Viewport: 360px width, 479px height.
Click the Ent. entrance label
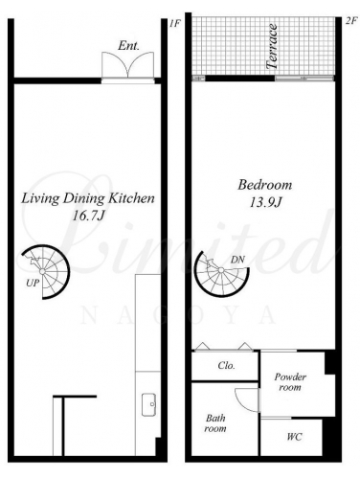128,46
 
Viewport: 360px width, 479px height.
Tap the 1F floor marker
175,23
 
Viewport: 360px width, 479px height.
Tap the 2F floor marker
351,21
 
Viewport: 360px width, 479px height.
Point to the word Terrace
272,46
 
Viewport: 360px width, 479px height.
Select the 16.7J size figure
88,217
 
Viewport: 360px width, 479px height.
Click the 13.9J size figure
265,202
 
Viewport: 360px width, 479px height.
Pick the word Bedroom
265,185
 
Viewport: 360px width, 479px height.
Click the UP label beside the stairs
33,283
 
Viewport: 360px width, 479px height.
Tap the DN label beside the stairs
237,260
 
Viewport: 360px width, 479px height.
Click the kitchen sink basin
148,404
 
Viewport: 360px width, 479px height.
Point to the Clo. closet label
227,365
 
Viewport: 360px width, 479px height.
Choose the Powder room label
290,382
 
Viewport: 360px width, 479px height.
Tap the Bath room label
215,423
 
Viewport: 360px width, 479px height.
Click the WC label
294,437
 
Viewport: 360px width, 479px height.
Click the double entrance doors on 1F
127,65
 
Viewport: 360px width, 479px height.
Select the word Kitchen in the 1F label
131,198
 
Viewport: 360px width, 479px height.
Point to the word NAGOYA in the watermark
178,316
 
